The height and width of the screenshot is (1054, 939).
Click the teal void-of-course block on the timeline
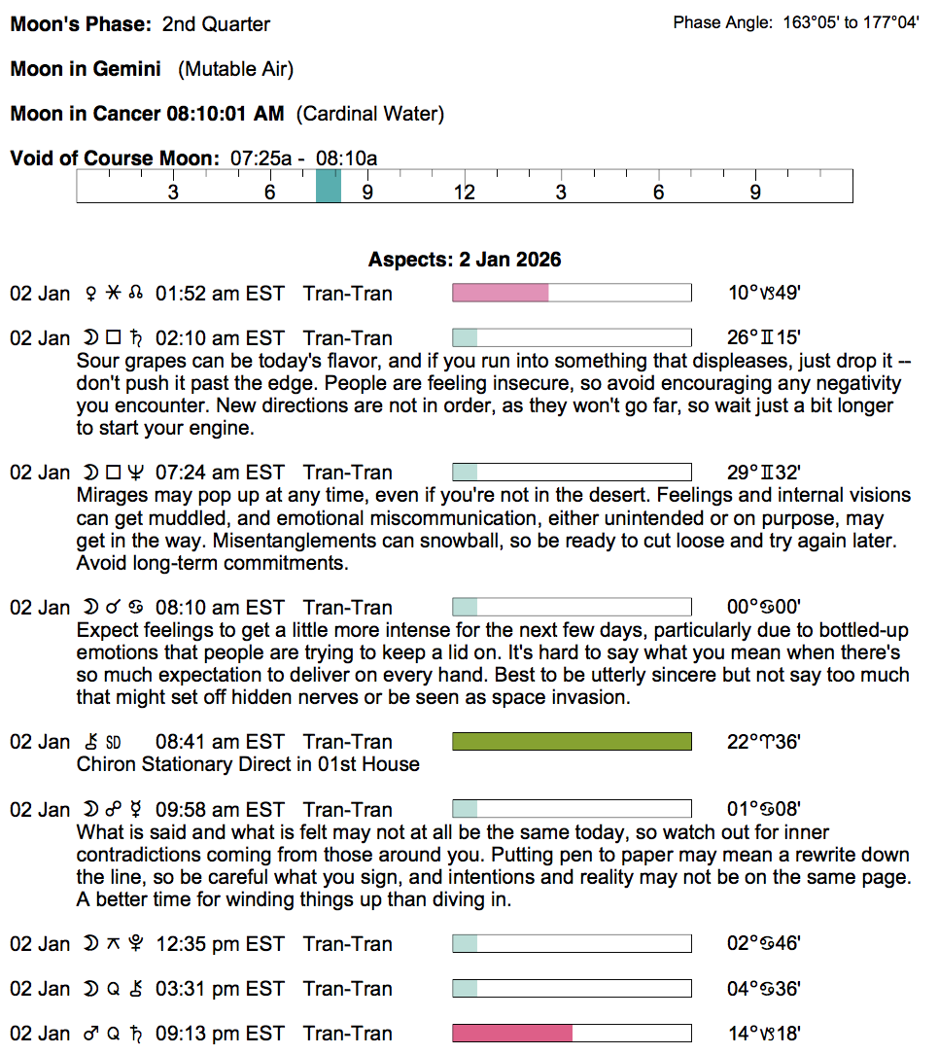point(329,186)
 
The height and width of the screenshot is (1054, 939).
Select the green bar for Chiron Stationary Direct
point(572,742)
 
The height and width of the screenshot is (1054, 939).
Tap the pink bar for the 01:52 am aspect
point(501,293)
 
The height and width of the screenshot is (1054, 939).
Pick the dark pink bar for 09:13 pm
point(512,1034)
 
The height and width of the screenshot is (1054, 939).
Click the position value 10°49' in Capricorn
point(764,294)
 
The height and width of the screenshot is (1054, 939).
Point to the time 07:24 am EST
point(220,473)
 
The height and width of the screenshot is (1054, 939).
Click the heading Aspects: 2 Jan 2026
point(465,260)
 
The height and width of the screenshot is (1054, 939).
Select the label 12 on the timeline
point(464,192)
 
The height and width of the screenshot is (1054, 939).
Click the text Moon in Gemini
point(86,69)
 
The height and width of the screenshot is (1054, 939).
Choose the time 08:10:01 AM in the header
point(226,114)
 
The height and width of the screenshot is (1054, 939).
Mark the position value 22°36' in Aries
point(764,742)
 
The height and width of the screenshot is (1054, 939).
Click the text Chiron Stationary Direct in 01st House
point(248,764)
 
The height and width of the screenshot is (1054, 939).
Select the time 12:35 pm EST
point(220,944)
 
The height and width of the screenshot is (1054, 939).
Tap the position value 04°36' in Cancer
point(764,989)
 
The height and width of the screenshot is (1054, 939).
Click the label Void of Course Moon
point(116,158)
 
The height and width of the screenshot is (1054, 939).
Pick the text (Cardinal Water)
point(369,114)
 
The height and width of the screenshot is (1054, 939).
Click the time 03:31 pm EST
point(220,989)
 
